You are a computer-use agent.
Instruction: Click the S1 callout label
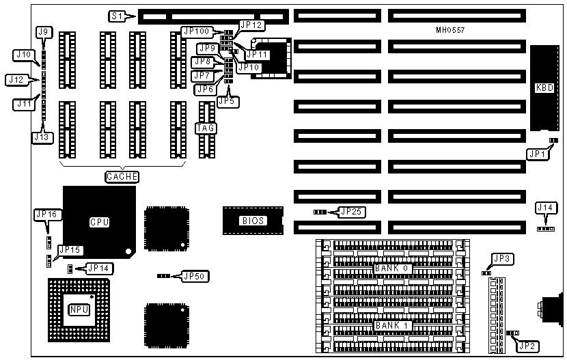117,15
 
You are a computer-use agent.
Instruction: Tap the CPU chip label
99,221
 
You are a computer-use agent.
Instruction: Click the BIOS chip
252,220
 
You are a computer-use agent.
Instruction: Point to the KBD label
544,88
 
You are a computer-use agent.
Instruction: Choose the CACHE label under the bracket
122,177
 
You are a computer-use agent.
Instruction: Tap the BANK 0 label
392,268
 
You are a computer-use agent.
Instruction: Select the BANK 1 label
392,325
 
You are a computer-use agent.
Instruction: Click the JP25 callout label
352,212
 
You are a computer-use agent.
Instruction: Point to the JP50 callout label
195,276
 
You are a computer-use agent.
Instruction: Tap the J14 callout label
546,208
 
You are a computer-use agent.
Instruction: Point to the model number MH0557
451,30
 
